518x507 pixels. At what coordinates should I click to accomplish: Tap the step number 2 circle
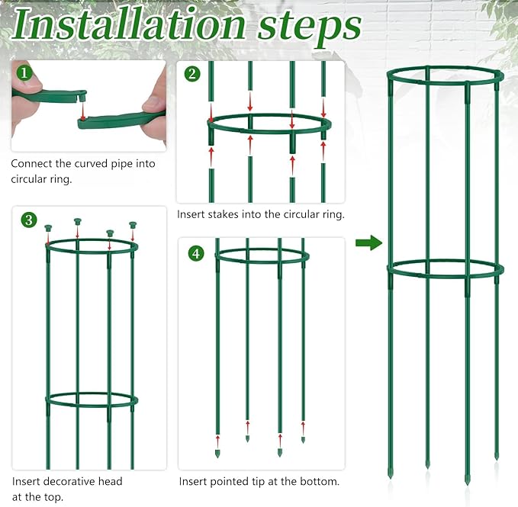click(192, 74)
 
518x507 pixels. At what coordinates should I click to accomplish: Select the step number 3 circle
click(29, 220)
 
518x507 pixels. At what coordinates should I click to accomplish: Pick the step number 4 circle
click(196, 252)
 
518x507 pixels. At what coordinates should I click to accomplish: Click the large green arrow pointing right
click(368, 243)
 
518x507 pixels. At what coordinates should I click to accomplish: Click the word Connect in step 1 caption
click(33, 163)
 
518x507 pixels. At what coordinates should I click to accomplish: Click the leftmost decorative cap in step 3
click(48, 228)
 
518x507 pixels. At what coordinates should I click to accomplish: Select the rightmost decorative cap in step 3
click(133, 226)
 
